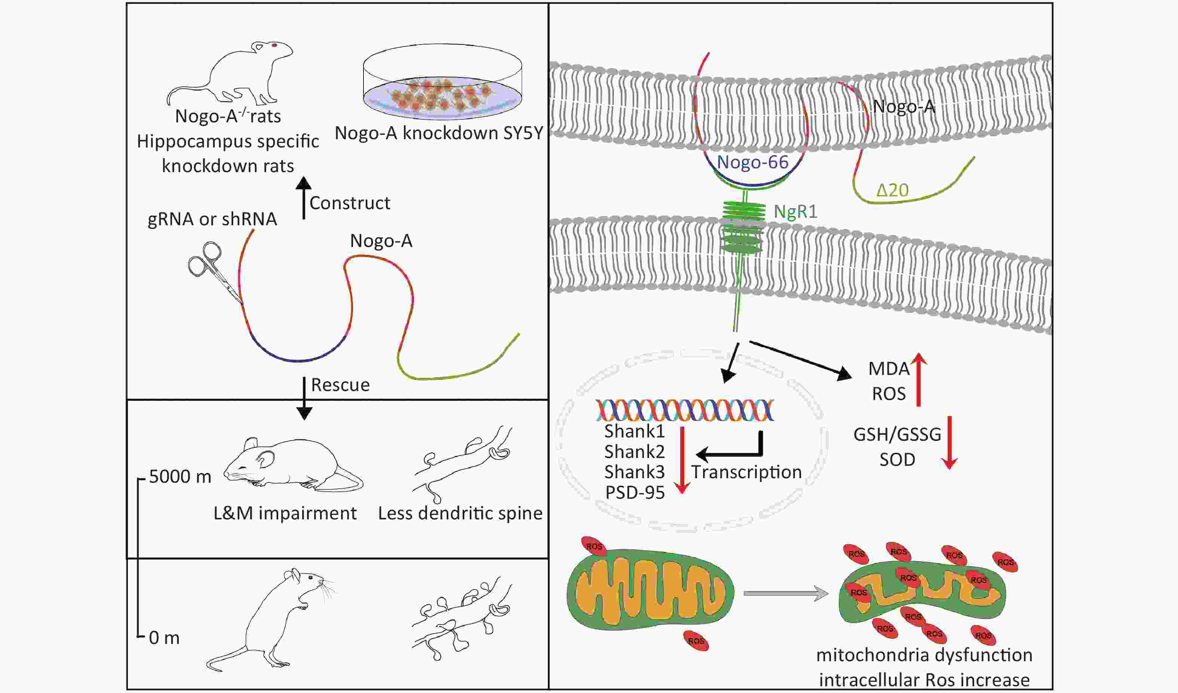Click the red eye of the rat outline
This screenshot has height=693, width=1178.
click(274, 45)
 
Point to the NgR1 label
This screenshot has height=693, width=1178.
click(796, 212)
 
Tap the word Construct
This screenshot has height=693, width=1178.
click(350, 203)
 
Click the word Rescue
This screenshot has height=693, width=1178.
click(340, 385)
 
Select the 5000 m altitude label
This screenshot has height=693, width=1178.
click(180, 476)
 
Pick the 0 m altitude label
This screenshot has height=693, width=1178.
click(164, 638)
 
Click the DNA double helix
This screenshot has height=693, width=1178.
click(684, 410)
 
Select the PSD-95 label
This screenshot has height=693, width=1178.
click(635, 493)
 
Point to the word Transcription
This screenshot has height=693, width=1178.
click(746, 472)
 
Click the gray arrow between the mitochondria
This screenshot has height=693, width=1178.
click(786, 593)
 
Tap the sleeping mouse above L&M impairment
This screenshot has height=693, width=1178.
click(293, 464)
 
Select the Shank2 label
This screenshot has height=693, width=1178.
click(634, 452)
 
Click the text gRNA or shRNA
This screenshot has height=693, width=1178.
click(212, 219)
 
